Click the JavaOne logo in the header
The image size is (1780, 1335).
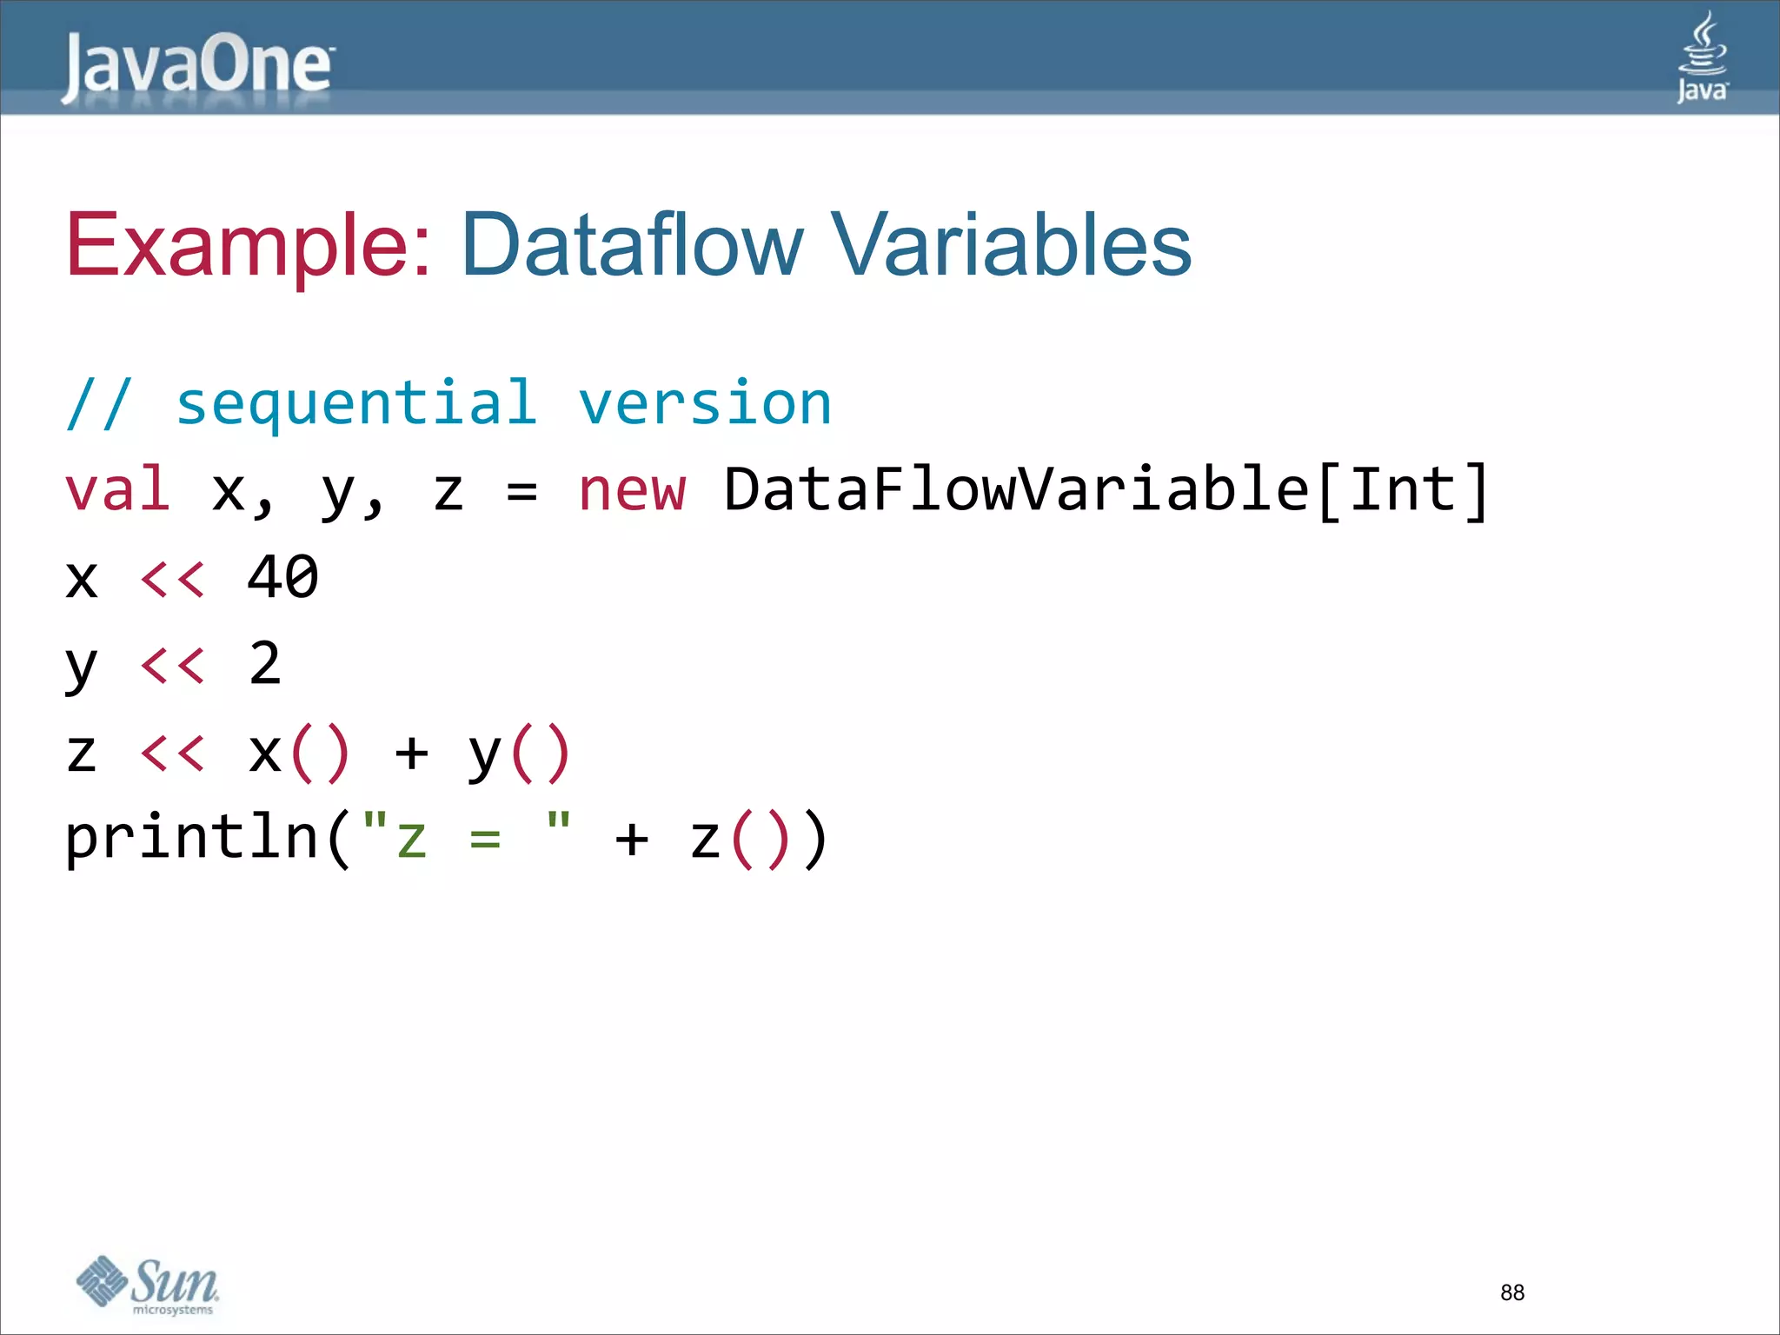[196, 66]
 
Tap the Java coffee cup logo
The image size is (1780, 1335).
[1702, 57]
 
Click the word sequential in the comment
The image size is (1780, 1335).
[356, 403]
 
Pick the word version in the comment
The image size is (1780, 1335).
[705, 403]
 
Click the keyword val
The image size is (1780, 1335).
[117, 489]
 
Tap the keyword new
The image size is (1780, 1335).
[632, 489]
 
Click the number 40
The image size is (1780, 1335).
[282, 577]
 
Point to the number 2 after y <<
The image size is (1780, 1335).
[265, 664]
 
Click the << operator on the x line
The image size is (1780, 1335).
[173, 578]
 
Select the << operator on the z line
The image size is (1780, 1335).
[173, 753]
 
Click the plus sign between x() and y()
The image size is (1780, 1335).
[411, 753]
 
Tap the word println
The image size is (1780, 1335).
[191, 838]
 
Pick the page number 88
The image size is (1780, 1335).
[1512, 1292]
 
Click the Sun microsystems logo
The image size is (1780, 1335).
[148, 1285]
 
